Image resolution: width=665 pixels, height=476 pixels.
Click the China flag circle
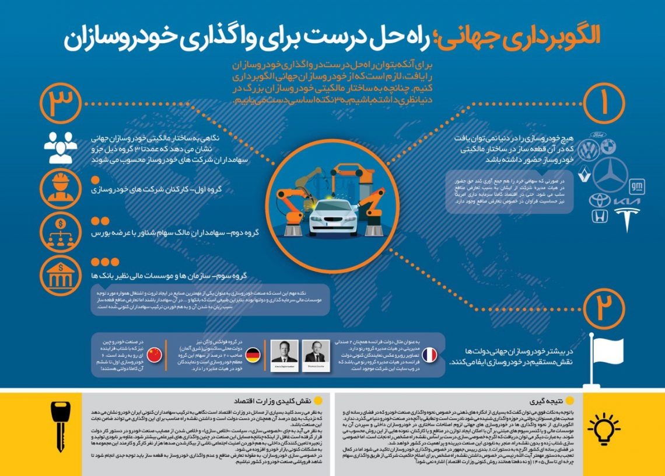(154, 354)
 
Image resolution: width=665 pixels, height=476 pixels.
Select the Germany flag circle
(252, 354)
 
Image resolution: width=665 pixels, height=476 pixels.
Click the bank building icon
(61, 275)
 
